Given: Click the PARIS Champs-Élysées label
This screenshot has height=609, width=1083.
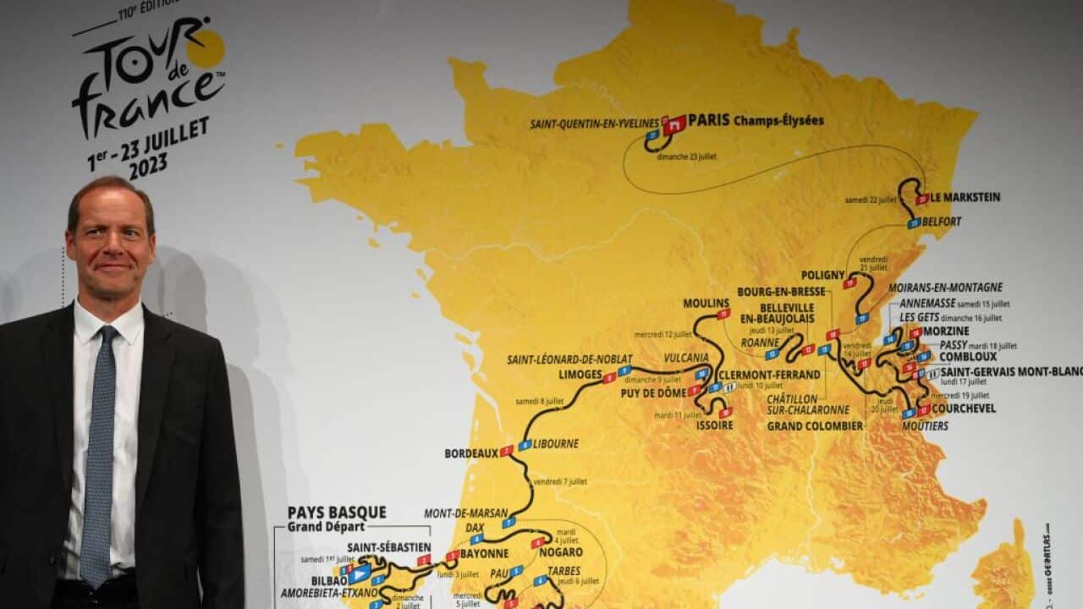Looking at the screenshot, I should click(756, 121).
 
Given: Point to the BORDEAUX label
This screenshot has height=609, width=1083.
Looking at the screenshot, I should click(471, 453).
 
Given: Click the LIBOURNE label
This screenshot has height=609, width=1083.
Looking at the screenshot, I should click(556, 443).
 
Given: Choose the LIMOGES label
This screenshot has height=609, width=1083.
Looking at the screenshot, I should click(580, 374).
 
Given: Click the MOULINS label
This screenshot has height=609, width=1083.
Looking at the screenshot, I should click(706, 304).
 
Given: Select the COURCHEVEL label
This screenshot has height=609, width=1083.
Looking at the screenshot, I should click(964, 409).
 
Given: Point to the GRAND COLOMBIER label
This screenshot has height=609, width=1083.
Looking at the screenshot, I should click(815, 426).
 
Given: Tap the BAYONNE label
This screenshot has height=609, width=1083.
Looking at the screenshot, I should click(484, 554).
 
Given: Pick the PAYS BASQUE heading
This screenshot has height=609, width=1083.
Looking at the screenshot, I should click(337, 513).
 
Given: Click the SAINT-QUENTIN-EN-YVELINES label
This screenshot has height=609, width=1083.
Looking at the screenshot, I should click(594, 124).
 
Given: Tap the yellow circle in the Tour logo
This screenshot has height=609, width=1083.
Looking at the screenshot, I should click(205, 48).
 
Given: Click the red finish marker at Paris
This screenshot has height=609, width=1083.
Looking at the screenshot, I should click(674, 125).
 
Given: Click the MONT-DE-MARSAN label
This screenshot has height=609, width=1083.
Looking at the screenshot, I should click(466, 513).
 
